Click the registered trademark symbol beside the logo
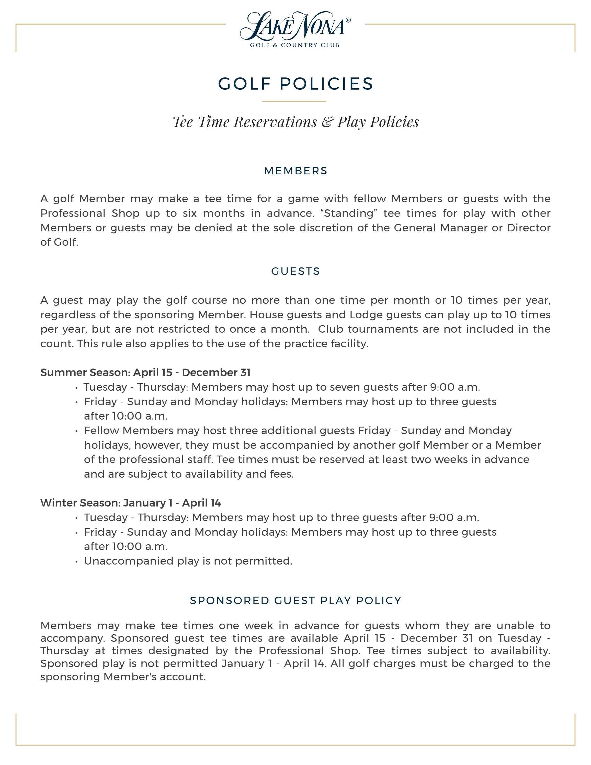(x=348, y=20)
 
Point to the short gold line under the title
(x=294, y=101)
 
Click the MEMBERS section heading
(x=295, y=171)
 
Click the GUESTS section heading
(x=295, y=272)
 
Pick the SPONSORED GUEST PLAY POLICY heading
(x=295, y=600)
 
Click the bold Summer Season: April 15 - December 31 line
(x=145, y=372)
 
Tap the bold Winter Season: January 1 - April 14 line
(x=131, y=503)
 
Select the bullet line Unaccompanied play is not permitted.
(x=188, y=561)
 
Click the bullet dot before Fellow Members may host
(x=76, y=431)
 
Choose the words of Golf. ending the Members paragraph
(x=59, y=242)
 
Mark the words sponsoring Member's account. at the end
(x=123, y=677)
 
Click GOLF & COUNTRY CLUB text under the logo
(x=294, y=45)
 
